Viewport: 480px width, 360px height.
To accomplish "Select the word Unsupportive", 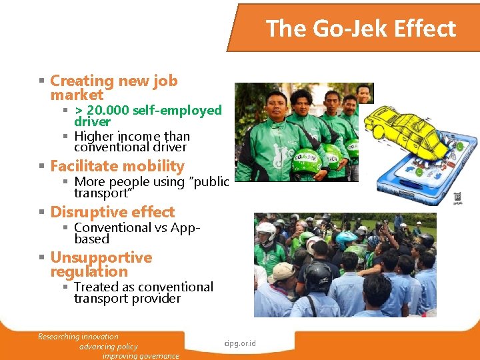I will pos(101,257).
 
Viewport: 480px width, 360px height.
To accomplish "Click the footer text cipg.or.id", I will pos(241,344).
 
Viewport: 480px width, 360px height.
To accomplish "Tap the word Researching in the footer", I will pos(57,337).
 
